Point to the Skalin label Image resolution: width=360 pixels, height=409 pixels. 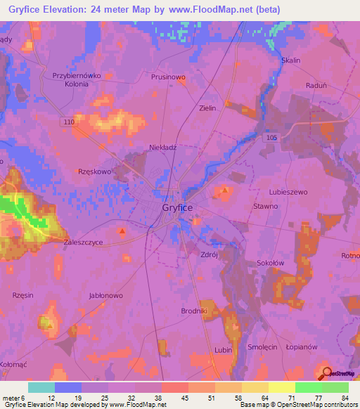[290, 60]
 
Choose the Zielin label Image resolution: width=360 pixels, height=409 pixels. [207, 108]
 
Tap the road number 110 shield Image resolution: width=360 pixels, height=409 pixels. [68, 122]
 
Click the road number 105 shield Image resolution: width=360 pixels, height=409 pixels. [271, 138]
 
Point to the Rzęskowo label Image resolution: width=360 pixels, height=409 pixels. [96, 171]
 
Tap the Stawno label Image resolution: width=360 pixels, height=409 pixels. [265, 206]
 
